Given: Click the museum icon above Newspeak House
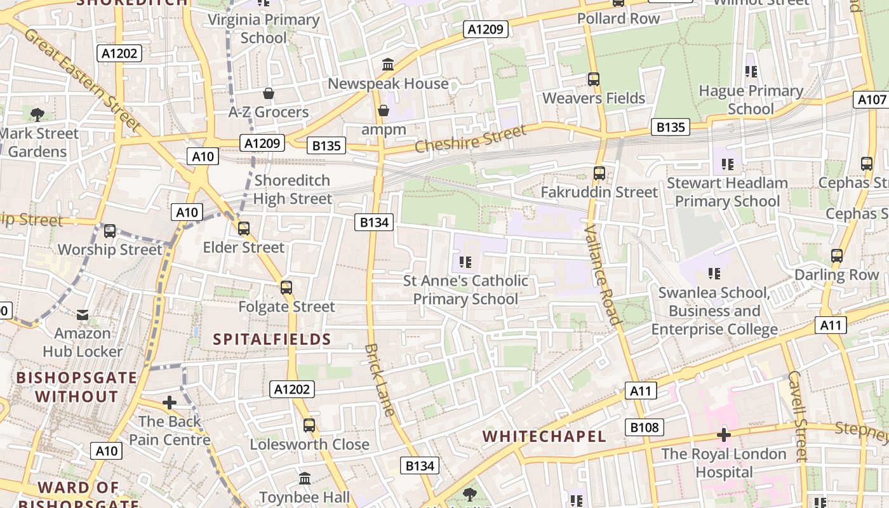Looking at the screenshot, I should click(387, 64).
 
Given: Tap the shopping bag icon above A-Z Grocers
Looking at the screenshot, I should click(269, 93).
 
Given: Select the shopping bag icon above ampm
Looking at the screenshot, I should click(384, 110).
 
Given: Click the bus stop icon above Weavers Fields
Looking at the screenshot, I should click(594, 79).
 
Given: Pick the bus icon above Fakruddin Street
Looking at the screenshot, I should click(599, 173).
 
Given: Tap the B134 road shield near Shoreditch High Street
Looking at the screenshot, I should click(375, 222).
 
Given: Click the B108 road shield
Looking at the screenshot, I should click(645, 427).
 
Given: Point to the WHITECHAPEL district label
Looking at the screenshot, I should click(544, 436).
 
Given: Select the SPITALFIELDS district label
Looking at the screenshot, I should click(272, 339).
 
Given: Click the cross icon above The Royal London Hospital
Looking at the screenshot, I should click(723, 435).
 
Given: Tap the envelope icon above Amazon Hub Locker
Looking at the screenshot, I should click(83, 314).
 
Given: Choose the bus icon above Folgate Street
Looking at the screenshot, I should click(286, 288).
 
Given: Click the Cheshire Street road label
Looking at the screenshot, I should click(471, 139).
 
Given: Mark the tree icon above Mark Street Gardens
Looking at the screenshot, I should click(37, 114).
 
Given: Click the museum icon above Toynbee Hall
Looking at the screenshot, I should click(305, 478).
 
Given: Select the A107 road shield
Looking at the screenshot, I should click(871, 100).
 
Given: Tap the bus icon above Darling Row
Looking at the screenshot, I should click(837, 256).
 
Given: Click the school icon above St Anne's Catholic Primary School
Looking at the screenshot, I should click(465, 262).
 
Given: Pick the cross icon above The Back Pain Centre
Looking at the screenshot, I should click(170, 403).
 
